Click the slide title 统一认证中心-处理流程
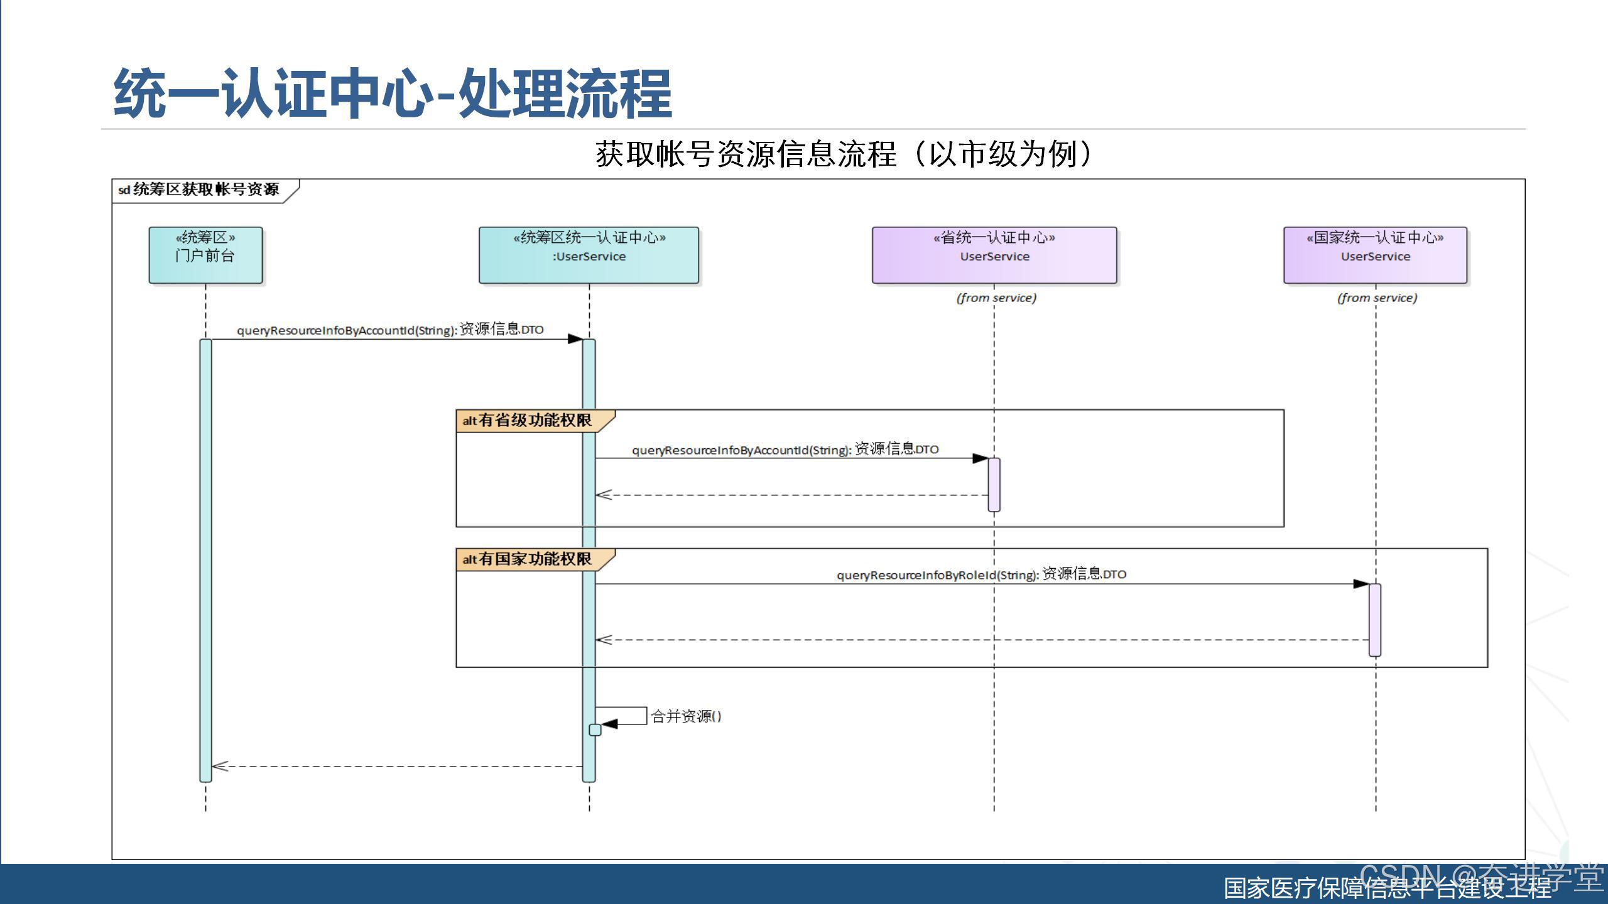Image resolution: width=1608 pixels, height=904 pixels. click(x=393, y=94)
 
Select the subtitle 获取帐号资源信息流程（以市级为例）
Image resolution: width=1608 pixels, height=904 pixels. click(x=843, y=154)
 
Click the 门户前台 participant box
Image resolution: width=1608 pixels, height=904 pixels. click(x=205, y=255)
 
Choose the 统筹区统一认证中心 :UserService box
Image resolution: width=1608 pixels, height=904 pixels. click(x=589, y=255)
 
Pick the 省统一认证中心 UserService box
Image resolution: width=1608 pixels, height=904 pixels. click(x=994, y=255)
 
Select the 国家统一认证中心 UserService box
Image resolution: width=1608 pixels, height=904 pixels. click(x=1375, y=255)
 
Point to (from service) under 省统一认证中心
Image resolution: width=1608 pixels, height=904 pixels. click(x=996, y=298)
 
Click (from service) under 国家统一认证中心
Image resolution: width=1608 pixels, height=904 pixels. click(x=1377, y=298)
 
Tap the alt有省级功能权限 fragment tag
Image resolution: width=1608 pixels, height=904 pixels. click(x=528, y=421)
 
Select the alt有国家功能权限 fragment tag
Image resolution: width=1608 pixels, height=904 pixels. click(x=528, y=559)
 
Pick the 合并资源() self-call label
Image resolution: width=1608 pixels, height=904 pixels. click(x=686, y=716)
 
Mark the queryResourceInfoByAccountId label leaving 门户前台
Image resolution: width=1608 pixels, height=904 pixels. click(x=390, y=330)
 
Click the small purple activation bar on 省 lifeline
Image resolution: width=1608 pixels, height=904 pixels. click(x=994, y=485)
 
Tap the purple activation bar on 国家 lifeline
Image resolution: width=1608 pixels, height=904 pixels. click(x=1375, y=620)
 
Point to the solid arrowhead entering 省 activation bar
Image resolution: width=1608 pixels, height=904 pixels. click(x=981, y=458)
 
